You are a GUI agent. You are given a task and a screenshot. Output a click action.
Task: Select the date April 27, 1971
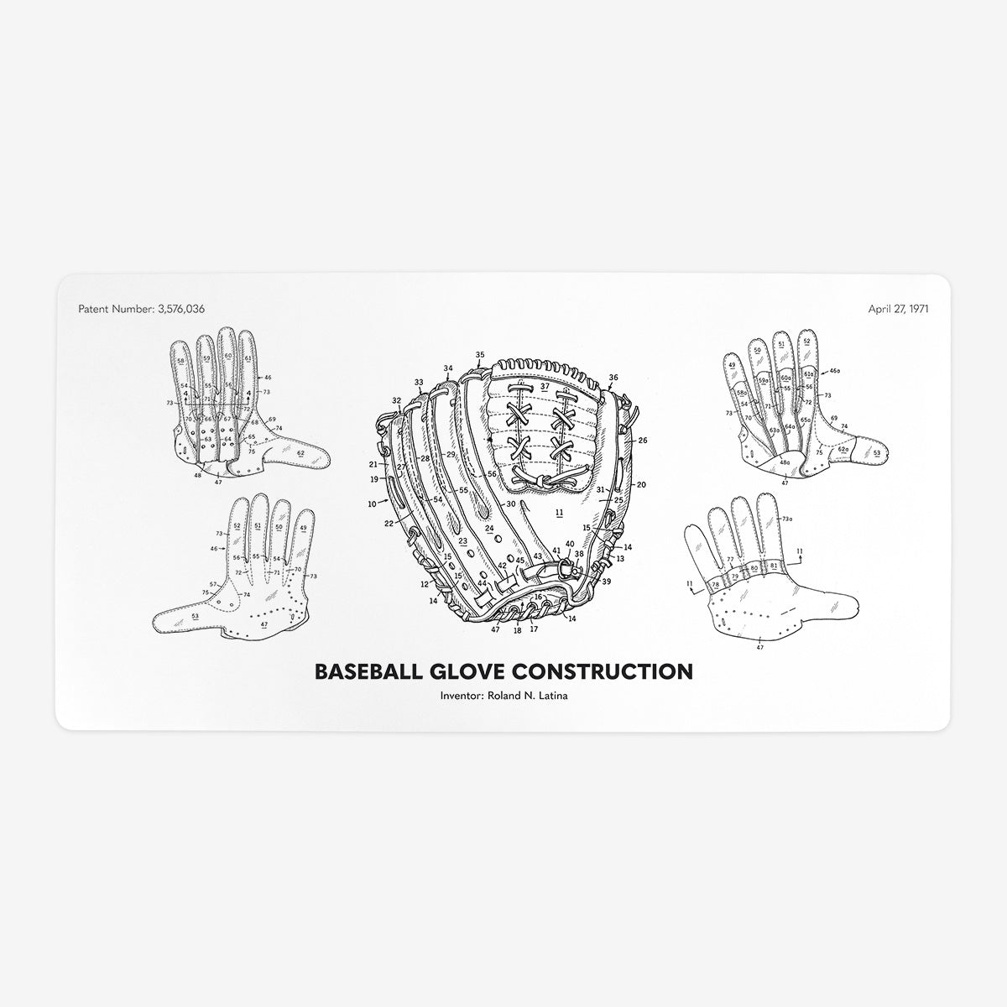898,308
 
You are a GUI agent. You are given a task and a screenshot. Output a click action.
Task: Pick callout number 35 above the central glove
480,355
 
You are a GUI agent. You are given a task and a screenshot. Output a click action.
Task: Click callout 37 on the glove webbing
545,387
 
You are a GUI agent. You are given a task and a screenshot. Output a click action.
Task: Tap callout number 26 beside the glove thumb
642,440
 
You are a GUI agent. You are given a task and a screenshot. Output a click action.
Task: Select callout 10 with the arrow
372,503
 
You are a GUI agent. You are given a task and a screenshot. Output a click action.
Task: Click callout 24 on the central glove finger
489,529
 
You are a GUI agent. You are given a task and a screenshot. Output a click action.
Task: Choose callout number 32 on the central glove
396,401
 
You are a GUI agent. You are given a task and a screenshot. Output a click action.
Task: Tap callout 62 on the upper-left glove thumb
300,453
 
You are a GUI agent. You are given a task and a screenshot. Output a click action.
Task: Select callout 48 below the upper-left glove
198,475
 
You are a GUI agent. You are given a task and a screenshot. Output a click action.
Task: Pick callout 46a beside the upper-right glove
834,369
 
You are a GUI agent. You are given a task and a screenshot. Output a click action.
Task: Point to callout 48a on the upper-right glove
785,462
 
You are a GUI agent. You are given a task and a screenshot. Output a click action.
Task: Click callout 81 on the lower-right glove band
774,567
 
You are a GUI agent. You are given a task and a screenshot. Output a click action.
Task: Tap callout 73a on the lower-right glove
786,519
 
